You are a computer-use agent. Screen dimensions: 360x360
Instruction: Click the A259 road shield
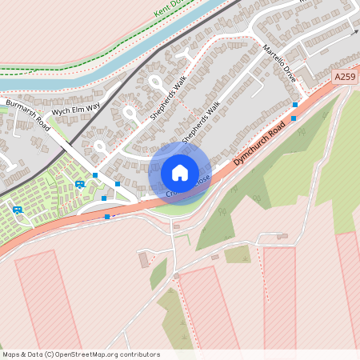pyautogui.click(x=345, y=77)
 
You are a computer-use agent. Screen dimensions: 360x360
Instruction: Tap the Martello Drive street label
pyautogui.click(x=279, y=66)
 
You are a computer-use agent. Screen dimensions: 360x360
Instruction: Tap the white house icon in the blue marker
pyautogui.click(x=179, y=172)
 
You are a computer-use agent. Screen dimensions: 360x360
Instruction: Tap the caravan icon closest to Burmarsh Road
pyautogui.click(x=80, y=184)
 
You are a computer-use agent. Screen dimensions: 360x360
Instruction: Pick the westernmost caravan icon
pyautogui.click(x=18, y=210)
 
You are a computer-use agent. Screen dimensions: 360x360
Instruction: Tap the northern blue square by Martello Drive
pyautogui.click(x=295, y=105)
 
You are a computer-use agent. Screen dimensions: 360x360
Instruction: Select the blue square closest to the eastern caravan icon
pyautogui.click(x=95, y=175)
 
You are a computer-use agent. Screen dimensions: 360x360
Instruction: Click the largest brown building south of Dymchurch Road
pyautogui.click(x=144, y=260)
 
